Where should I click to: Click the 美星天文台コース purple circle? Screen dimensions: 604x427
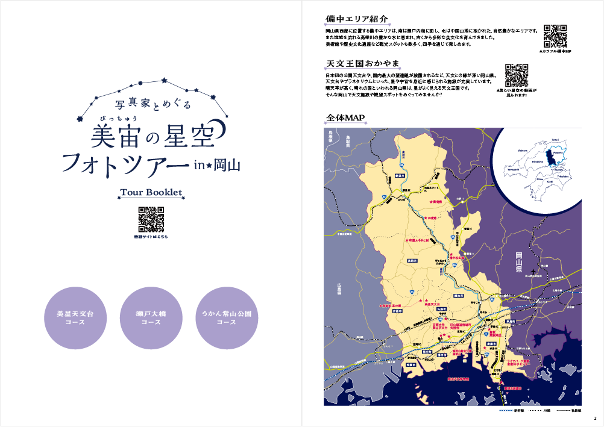click(71, 318)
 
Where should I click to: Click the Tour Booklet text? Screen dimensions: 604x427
click(151, 193)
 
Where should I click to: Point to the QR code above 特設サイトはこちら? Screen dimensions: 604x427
click(151, 219)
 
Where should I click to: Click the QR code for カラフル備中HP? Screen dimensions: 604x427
click(555, 36)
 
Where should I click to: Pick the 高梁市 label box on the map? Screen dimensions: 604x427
click(412, 260)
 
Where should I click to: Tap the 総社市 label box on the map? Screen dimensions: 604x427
click(459, 296)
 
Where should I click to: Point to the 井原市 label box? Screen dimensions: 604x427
click(397, 311)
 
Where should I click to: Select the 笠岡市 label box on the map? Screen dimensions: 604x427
click(411, 364)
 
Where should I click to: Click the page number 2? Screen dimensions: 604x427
click(594, 419)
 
